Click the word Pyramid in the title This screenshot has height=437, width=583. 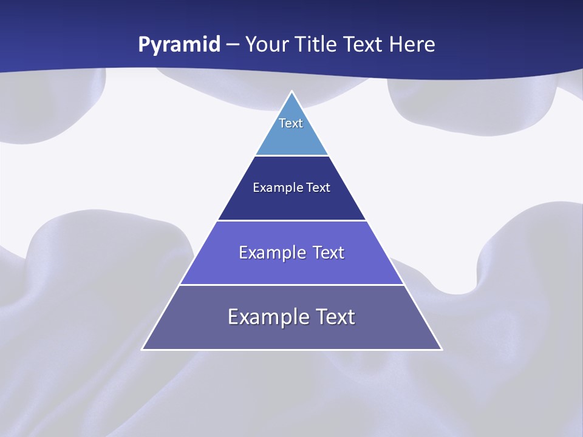click(x=179, y=45)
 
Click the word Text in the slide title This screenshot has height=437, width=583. click(x=365, y=44)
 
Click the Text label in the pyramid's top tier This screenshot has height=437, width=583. click(x=291, y=123)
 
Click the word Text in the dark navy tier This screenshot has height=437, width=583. click(x=319, y=188)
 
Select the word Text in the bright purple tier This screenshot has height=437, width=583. click(x=329, y=252)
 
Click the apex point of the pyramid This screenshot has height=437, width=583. click(x=292, y=92)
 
